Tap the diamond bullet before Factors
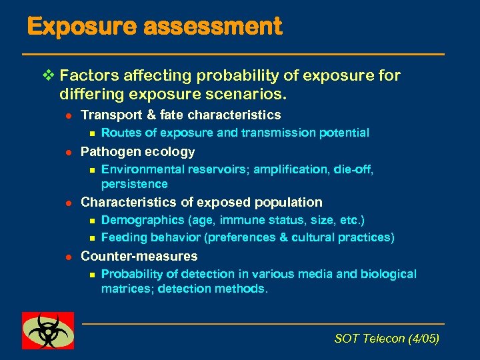pyautogui.click(x=46, y=75)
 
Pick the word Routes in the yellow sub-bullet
pyautogui.click(x=120, y=133)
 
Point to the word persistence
pyautogui.click(x=134, y=184)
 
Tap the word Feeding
pyautogui.click(x=124, y=237)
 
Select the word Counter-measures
pyautogui.click(x=139, y=256)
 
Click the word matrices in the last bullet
pyautogui.click(x=127, y=289)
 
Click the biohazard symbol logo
pyautogui.click(x=47, y=330)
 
